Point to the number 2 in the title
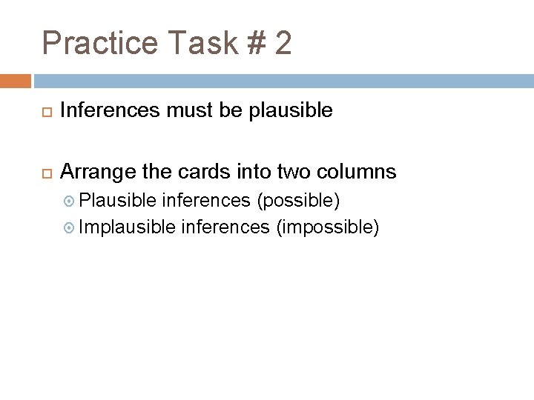click(283, 43)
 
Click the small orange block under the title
click(16, 81)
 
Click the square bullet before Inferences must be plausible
click(42, 112)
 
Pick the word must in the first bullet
click(192, 111)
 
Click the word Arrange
click(93, 173)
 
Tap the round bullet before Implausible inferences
click(70, 227)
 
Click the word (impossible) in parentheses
click(327, 227)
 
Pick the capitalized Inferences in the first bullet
click(108, 111)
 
